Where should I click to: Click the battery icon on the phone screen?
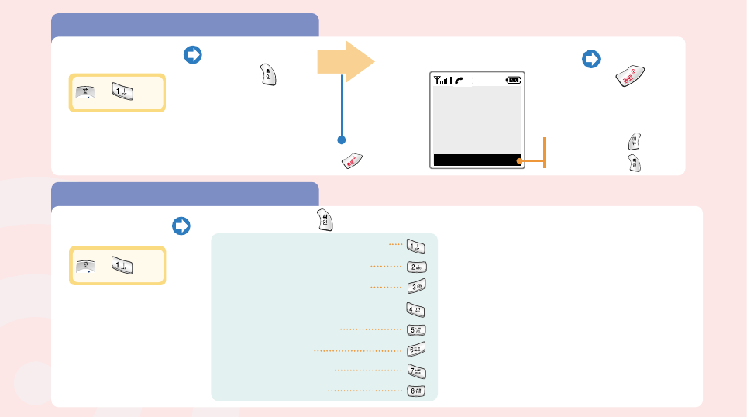513,79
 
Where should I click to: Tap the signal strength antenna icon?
442,79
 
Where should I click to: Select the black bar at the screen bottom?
476,160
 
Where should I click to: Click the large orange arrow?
346,63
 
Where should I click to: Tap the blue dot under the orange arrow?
340,140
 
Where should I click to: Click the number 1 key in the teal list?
417,246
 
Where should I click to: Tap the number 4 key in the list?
417,308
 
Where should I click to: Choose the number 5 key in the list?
417,329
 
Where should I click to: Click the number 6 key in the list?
417,350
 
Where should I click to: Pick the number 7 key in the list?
417,370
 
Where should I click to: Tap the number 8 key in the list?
417,391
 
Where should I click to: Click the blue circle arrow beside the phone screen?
591,58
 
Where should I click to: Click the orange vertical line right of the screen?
545,151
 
